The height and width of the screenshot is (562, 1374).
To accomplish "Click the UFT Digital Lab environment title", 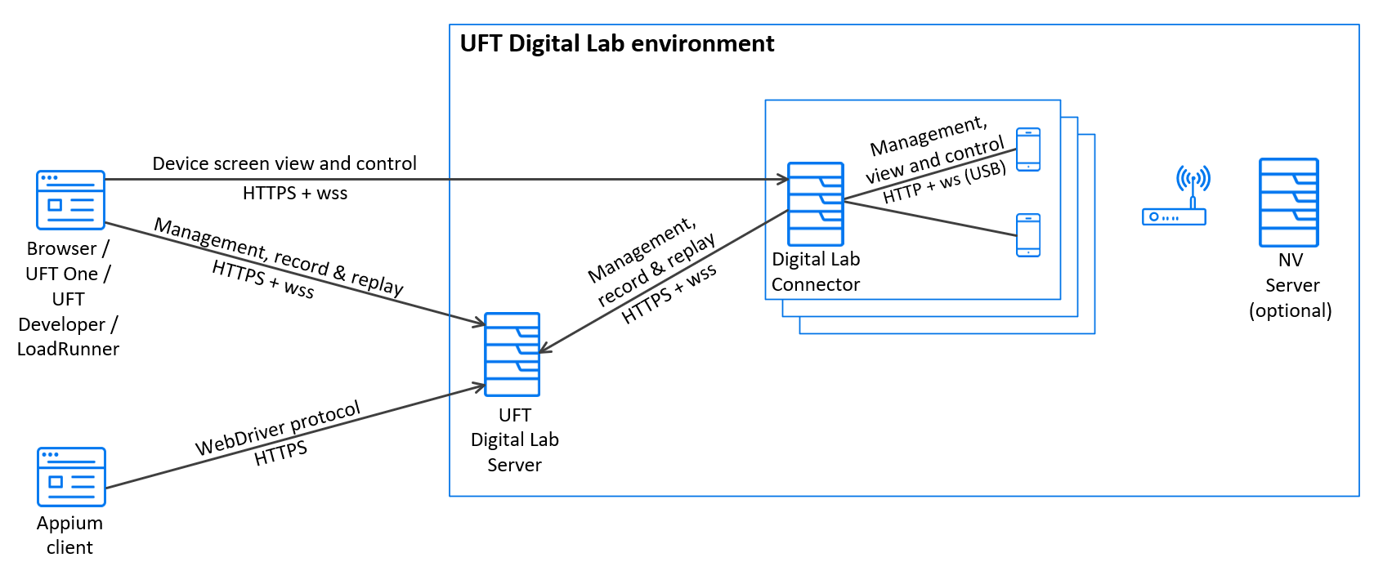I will click(x=616, y=44).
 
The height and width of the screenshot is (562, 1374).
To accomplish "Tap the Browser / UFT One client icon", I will click(x=71, y=200).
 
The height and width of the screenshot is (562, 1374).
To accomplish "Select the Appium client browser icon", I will click(x=72, y=476).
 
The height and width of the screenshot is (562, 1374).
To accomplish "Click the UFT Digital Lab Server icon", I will click(x=512, y=355).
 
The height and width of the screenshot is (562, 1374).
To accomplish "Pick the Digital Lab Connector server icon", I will click(x=815, y=204).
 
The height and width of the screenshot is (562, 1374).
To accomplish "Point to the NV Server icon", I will click(x=1288, y=203).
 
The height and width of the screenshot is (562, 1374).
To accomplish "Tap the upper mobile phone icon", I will click(x=1027, y=149).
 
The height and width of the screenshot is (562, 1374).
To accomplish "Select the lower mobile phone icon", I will click(x=1027, y=235).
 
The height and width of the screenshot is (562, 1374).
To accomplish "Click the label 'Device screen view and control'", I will click(x=284, y=163).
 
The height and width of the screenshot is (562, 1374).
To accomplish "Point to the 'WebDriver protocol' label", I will click(x=278, y=429).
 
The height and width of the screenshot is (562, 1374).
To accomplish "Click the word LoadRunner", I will click(x=68, y=349).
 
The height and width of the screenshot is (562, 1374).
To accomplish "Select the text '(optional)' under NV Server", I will click(x=1290, y=311).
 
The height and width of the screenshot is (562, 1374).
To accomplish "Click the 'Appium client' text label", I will click(x=69, y=535).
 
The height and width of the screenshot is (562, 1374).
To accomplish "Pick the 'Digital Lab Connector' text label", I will click(x=816, y=272).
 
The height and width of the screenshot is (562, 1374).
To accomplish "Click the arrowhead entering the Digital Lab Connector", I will click(x=783, y=179).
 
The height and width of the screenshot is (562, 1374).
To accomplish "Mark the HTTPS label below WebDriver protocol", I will click(x=280, y=453).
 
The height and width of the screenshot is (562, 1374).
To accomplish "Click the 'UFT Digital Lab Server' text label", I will click(x=514, y=439).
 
